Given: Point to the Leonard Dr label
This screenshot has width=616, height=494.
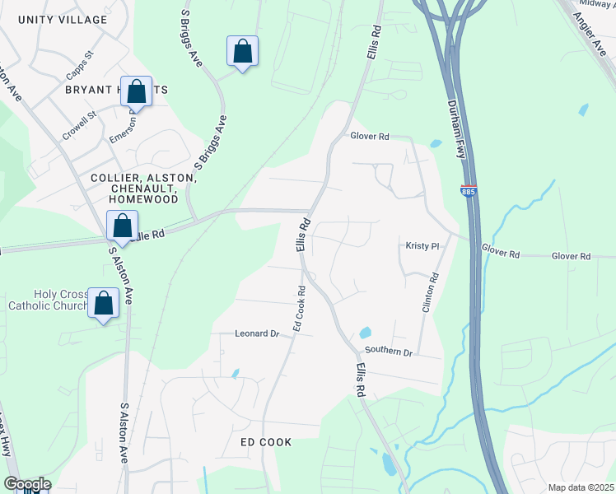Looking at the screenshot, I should (x=258, y=333).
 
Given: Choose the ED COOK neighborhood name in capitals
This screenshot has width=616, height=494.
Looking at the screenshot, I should (x=266, y=442).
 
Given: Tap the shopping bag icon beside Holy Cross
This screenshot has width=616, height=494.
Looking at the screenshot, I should (x=104, y=303).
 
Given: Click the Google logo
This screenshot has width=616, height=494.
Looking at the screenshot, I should (x=27, y=484).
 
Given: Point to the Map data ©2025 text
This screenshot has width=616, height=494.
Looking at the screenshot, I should (x=581, y=487).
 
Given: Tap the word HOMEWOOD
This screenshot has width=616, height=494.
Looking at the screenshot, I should (x=145, y=199).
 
